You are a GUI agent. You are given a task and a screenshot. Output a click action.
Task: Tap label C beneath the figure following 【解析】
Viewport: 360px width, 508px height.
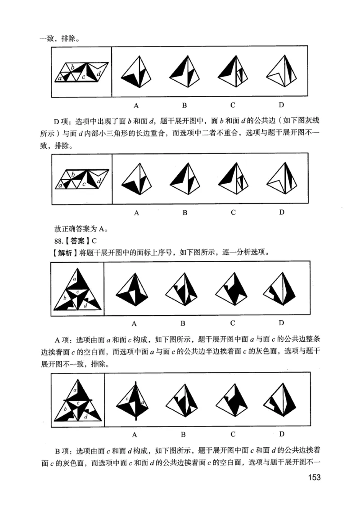233,323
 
